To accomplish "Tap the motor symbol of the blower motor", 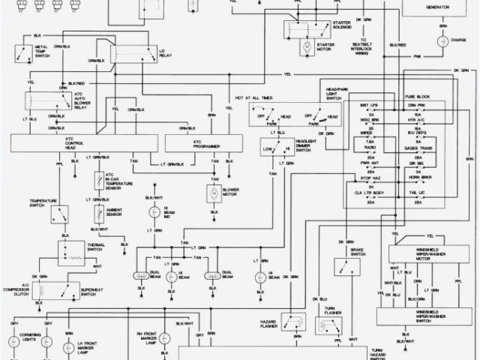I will (213, 194).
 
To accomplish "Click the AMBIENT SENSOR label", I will (114, 214).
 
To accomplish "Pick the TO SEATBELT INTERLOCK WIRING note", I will (366, 46).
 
